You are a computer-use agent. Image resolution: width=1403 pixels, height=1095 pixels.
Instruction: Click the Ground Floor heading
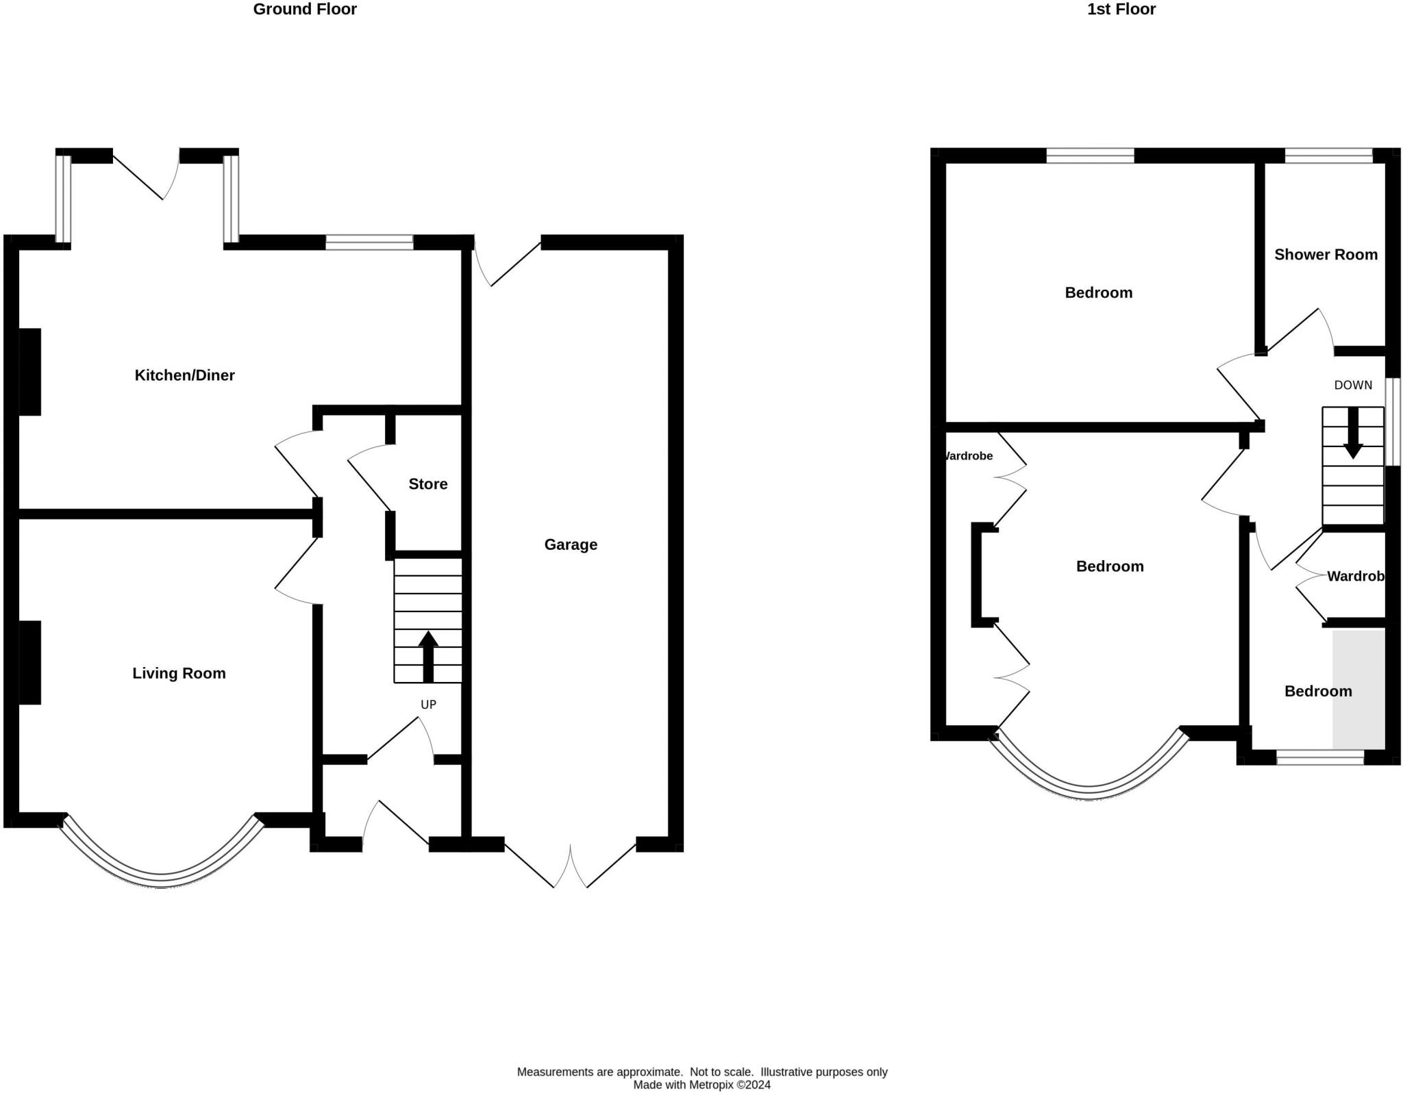coord(305,9)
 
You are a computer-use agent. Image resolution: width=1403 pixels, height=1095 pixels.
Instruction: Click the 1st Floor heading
coord(1121,9)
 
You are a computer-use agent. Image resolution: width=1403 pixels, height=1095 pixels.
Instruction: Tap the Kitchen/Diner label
coord(184,375)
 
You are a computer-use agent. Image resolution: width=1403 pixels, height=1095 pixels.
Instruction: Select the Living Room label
coord(179,673)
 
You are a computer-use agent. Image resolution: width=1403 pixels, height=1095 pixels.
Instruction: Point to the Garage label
coord(571,544)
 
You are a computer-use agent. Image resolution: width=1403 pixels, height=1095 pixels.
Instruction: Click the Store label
coord(428,484)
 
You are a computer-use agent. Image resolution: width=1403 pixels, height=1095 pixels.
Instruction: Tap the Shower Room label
coord(1326,255)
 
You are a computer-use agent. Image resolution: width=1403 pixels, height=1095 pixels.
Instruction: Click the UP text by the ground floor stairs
coord(428,705)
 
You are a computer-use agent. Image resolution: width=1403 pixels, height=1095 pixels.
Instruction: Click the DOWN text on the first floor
coord(1353,385)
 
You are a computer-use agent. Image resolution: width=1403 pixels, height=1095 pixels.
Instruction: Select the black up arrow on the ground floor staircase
coord(428,657)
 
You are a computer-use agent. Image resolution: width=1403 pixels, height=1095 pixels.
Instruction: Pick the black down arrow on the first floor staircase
coord(1353,433)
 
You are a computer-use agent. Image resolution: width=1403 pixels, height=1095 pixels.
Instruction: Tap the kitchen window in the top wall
coord(369,242)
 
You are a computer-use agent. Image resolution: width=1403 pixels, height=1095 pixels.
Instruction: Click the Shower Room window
coord(1328,155)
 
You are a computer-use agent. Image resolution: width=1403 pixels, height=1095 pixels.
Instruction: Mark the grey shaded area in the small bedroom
coord(1358,689)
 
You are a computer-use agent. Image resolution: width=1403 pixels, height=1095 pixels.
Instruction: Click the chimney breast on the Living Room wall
coord(29,662)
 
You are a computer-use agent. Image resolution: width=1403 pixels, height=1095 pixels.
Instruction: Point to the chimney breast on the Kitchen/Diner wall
coord(29,372)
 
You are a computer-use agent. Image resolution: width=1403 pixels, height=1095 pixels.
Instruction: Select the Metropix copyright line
coord(701,1085)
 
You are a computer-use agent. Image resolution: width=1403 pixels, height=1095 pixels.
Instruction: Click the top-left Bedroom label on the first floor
coord(1098,293)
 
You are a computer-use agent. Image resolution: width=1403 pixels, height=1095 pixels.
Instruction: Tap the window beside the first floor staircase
coord(1393,422)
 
